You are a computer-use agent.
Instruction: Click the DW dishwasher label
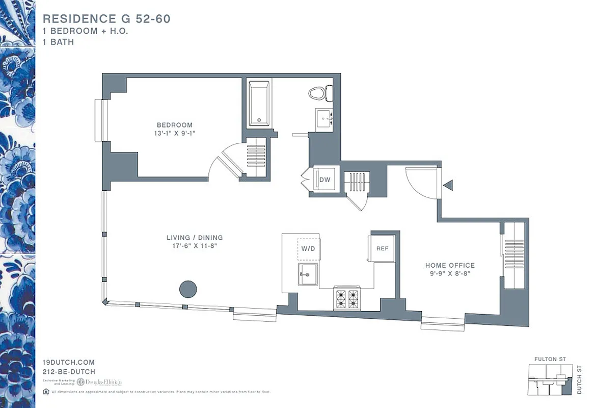coord(325,180)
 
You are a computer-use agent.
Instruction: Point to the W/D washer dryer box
coord(308,249)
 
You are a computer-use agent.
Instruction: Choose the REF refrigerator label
coord(382,249)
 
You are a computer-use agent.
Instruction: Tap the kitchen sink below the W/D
coord(308,274)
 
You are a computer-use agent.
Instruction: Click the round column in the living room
coord(188,289)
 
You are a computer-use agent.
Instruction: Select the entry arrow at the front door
coord(448,185)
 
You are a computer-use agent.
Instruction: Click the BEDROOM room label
coord(175,125)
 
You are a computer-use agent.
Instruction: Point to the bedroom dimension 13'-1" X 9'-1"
coord(175,133)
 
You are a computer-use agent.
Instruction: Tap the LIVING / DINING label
coord(195,238)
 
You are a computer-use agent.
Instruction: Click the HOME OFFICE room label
coord(450,265)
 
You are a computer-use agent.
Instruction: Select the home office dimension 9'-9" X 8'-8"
coord(450,273)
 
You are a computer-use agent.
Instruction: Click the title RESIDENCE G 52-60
coord(106,19)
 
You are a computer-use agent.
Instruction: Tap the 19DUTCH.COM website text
coord(69,362)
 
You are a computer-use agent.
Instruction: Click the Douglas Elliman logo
coord(100,382)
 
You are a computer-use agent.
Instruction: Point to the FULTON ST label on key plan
coord(550,360)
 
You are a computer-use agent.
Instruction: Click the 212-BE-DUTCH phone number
coord(69,372)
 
